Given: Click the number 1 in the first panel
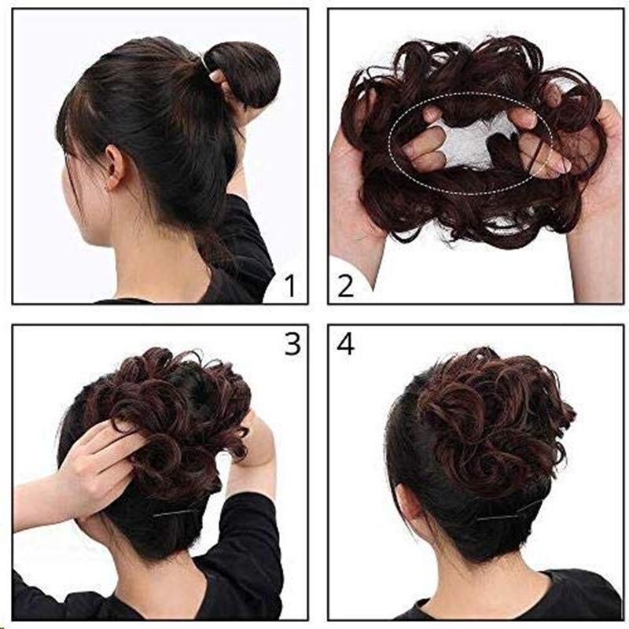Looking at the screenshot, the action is (x=290, y=285).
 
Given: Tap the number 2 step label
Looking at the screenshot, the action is (x=345, y=285).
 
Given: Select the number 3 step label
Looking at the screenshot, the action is (x=292, y=343).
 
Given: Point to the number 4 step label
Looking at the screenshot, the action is (x=345, y=344).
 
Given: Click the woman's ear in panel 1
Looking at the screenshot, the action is (x=113, y=167).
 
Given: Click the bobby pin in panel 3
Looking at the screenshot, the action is (x=176, y=512).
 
